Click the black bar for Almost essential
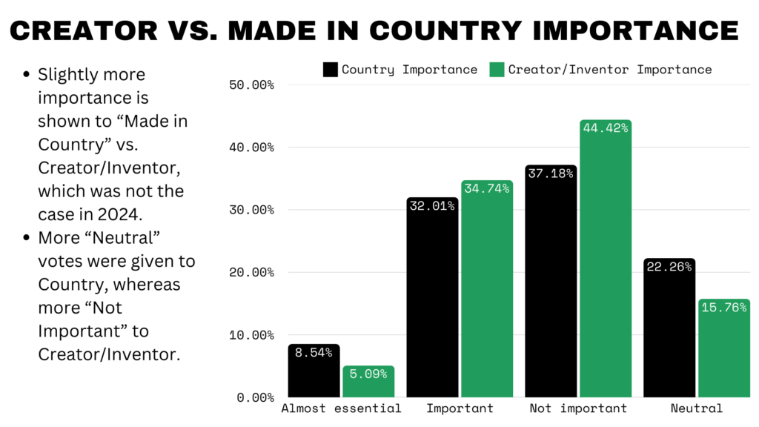[x=314, y=371]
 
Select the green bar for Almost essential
[x=368, y=382]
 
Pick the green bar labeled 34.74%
[x=487, y=289]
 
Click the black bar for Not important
[x=550, y=282]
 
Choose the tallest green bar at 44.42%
[x=606, y=259]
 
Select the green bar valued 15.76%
[x=724, y=348]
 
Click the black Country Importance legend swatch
[x=331, y=70]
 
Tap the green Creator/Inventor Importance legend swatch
[x=497, y=70]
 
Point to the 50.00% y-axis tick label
[x=252, y=85]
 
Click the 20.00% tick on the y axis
[x=252, y=272]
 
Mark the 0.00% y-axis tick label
[x=255, y=397]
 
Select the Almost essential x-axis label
[x=342, y=408]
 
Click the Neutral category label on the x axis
[x=696, y=408]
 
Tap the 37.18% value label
[x=550, y=173]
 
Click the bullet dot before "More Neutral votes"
[x=27, y=239]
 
